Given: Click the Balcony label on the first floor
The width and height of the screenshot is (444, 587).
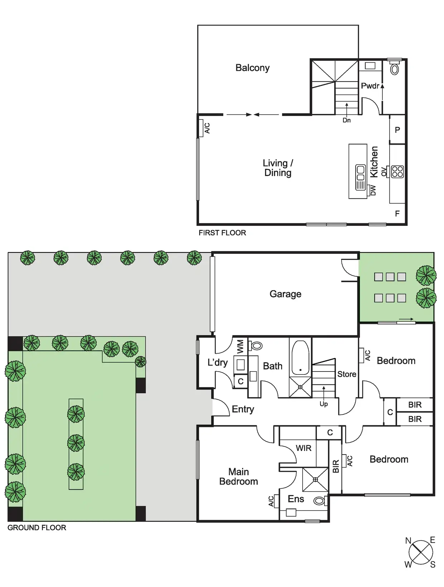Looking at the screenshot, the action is (x=252, y=68).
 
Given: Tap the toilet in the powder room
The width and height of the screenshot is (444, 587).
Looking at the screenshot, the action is (x=394, y=69).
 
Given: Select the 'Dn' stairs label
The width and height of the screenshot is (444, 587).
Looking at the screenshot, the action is (x=347, y=120).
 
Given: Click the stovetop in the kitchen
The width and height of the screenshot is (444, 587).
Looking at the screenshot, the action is (x=397, y=172).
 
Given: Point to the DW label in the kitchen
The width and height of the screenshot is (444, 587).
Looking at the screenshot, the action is (x=373, y=190).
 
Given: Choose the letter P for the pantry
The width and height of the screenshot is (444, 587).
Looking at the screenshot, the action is (x=397, y=130).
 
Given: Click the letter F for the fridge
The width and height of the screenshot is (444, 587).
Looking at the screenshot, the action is (x=397, y=214).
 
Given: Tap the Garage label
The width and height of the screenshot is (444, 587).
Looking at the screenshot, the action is (x=285, y=294).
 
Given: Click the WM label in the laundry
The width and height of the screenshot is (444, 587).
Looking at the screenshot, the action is (x=240, y=347).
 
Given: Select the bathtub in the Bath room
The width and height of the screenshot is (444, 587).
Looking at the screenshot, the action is (x=300, y=358).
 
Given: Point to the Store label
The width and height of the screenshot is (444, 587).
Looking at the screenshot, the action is (x=347, y=374).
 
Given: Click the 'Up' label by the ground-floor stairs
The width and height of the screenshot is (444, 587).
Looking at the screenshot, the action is (x=324, y=404).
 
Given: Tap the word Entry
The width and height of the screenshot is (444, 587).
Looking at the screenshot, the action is (x=243, y=409).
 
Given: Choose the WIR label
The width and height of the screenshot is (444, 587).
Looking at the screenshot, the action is (x=304, y=448).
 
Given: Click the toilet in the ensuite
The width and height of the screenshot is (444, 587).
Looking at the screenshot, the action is (x=319, y=501).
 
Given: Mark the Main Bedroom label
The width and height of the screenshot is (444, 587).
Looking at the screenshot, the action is (x=238, y=476).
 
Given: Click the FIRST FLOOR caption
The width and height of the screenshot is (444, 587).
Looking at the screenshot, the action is (x=222, y=233).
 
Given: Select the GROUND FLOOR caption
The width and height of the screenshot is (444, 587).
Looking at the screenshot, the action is (x=37, y=528).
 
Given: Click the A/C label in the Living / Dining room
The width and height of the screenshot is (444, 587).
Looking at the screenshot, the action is (x=207, y=128).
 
